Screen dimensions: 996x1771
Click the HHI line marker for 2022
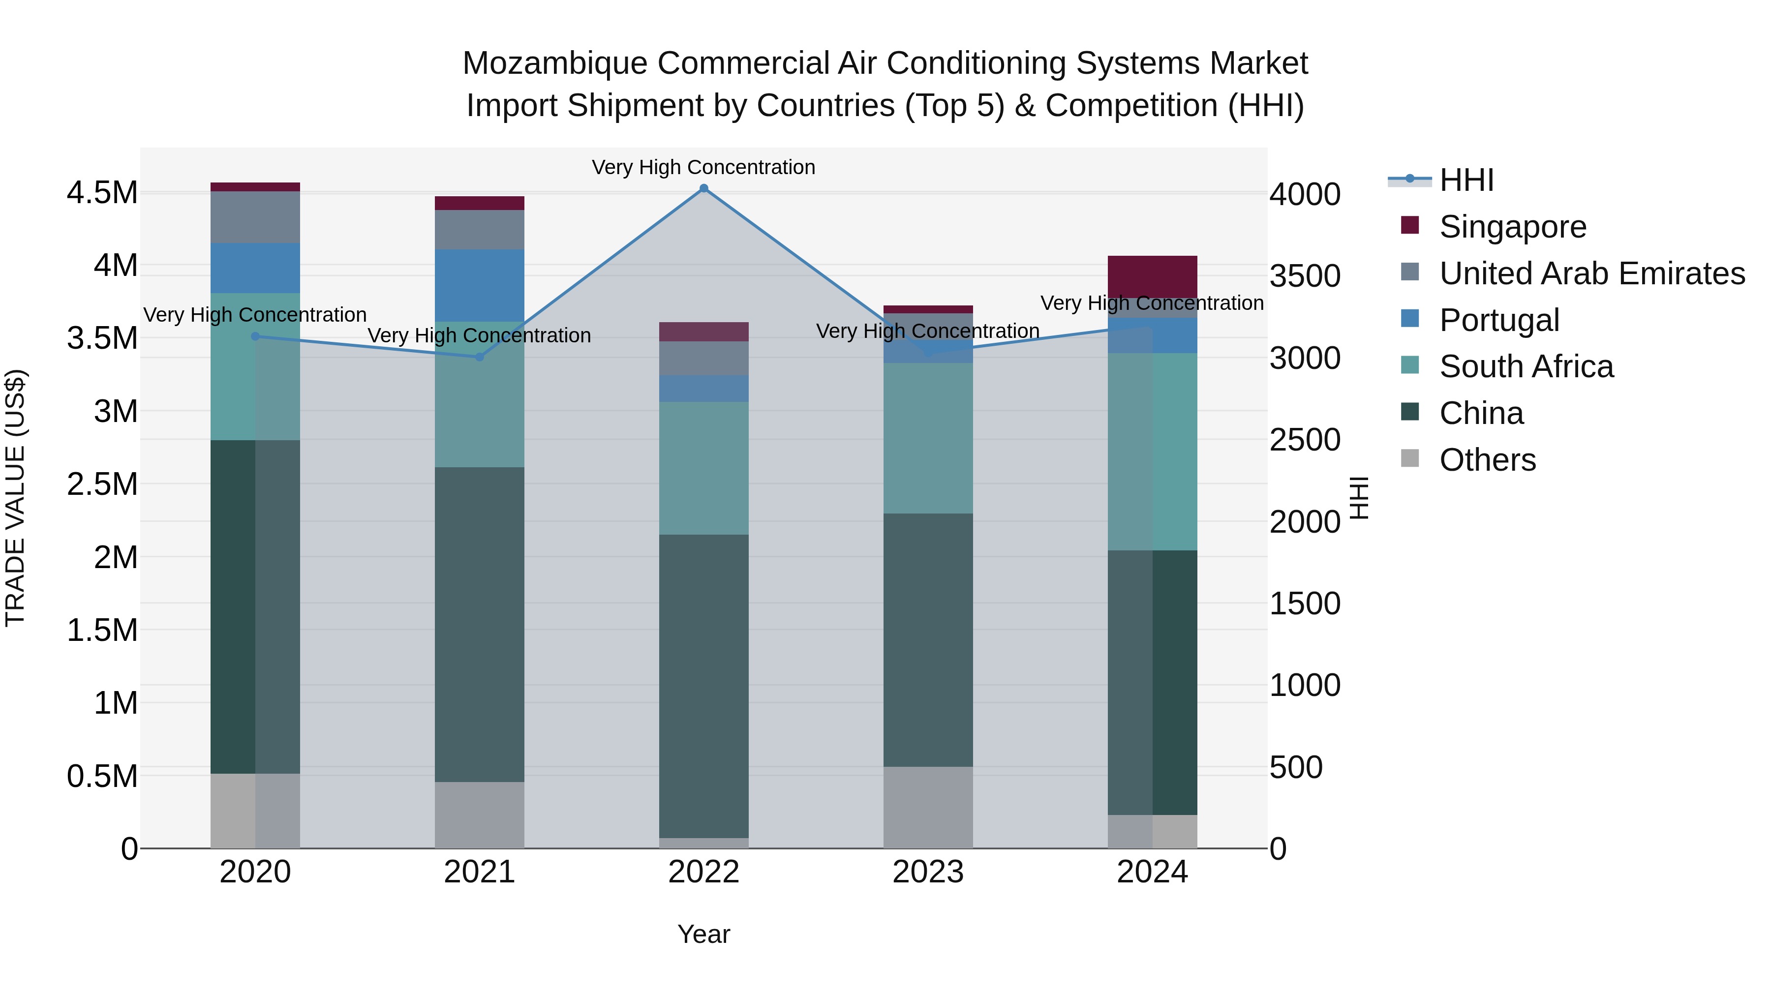click(703, 188)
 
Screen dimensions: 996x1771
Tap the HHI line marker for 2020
click(255, 336)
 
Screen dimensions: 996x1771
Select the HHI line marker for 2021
click(479, 357)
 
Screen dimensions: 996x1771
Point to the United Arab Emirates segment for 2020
click(255, 217)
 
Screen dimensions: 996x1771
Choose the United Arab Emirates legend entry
click(1591, 273)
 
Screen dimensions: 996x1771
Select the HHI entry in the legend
click(1466, 180)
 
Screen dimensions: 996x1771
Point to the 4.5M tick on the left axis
click(102, 192)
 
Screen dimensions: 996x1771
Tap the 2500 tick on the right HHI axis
click(1304, 440)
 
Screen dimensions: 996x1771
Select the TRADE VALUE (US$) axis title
click(15, 498)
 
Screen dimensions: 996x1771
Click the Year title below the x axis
click(703, 934)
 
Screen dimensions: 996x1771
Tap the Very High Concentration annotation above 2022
click(703, 167)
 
